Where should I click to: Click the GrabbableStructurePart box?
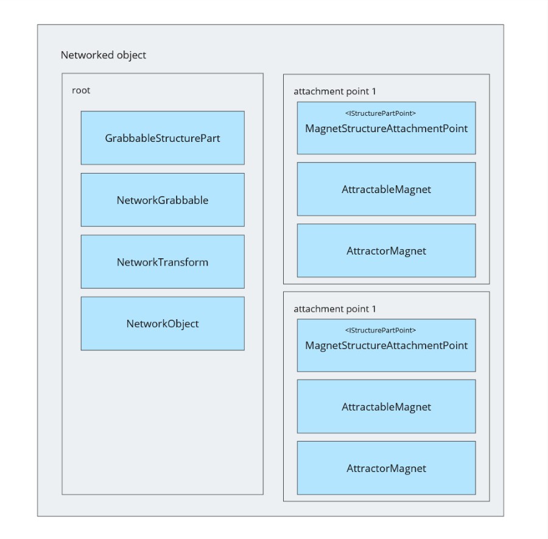(x=163, y=138)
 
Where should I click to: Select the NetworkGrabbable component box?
(x=163, y=200)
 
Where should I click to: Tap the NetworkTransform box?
(x=163, y=261)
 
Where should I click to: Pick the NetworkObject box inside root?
(x=163, y=323)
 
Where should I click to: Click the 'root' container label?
(x=81, y=90)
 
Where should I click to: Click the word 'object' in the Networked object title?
(x=132, y=55)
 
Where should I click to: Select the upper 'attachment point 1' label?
(x=334, y=91)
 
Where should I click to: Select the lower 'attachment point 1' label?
(x=334, y=309)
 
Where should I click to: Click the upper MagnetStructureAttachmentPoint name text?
(x=386, y=129)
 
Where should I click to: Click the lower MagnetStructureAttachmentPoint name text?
(x=386, y=346)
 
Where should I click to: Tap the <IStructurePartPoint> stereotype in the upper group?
(x=380, y=113)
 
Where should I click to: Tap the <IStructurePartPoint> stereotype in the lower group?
(x=380, y=330)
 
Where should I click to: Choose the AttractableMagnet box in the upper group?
(x=386, y=189)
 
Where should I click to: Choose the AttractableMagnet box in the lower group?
(x=386, y=406)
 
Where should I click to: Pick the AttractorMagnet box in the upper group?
(x=386, y=250)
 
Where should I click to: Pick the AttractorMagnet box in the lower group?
(x=386, y=468)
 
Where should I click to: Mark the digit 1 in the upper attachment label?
(x=374, y=91)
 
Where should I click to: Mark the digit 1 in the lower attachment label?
(x=374, y=309)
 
